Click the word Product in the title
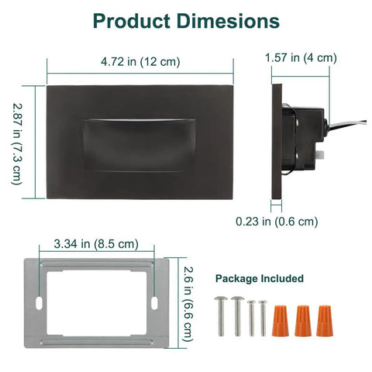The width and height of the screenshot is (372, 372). [131, 21]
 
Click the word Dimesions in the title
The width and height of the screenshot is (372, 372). [229, 21]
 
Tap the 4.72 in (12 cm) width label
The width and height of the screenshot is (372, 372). [140, 62]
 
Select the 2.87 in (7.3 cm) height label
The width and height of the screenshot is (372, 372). [17, 144]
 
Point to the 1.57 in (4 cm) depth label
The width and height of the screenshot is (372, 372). [301, 57]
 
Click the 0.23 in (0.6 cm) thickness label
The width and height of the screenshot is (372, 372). [277, 222]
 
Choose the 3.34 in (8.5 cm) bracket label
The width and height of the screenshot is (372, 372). [96, 244]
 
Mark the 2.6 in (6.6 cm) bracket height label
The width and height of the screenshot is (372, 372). [188, 304]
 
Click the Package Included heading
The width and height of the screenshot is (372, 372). [260, 278]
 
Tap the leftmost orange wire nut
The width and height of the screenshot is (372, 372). [280, 321]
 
